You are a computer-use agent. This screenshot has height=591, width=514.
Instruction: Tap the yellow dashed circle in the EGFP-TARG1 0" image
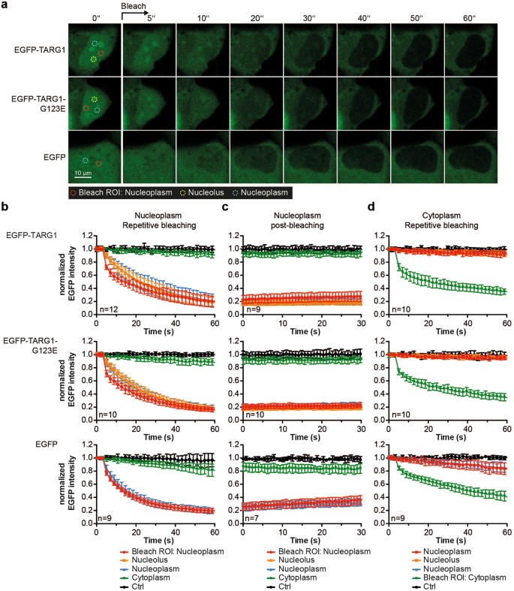[x=93, y=59]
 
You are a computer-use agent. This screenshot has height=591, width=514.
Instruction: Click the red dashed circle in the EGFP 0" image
[x=98, y=163]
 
